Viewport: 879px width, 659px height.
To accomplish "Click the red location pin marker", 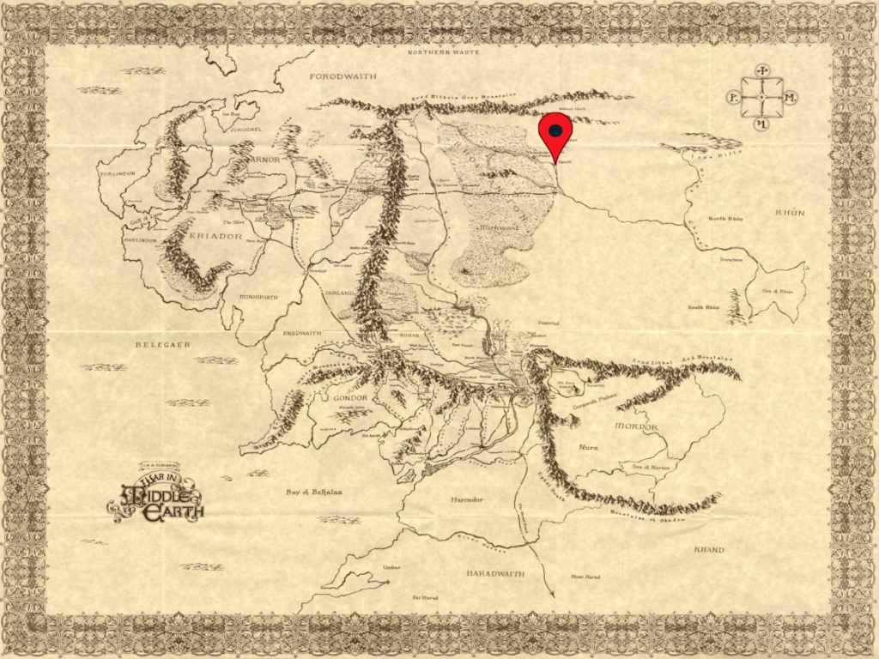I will (x=555, y=132).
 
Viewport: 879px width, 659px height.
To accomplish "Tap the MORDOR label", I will (x=636, y=426).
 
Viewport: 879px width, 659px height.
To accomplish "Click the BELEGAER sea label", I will (x=161, y=344).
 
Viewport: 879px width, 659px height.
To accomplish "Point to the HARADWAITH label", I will (x=496, y=572).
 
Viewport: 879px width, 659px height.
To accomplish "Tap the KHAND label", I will (x=708, y=549).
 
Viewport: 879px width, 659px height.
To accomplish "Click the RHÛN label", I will (x=790, y=212).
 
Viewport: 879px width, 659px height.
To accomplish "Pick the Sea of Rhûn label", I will (x=779, y=292).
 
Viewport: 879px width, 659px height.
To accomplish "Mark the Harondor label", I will (x=469, y=499).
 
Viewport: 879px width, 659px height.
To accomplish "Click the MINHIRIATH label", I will (x=258, y=297).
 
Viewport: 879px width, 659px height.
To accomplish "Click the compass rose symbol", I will (x=761, y=98).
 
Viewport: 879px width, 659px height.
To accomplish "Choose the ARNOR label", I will (x=264, y=159).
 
